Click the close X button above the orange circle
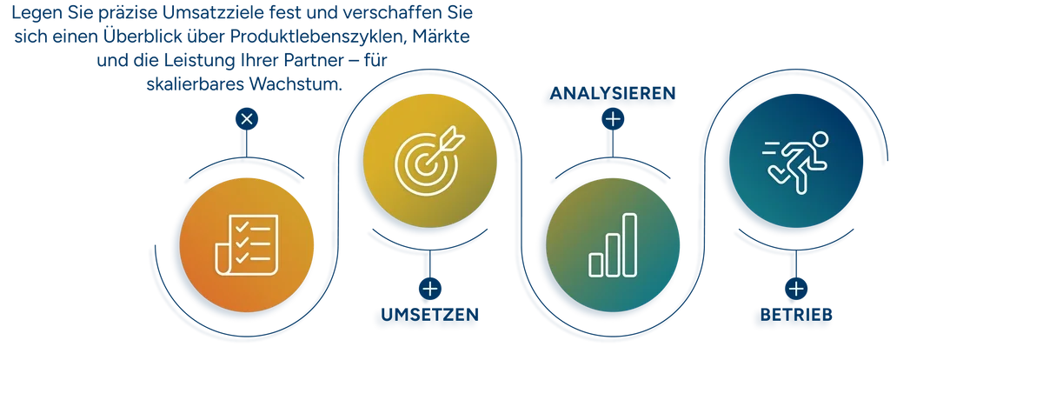click(x=247, y=119)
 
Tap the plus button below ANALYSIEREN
click(x=613, y=119)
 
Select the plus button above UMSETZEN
click(x=429, y=289)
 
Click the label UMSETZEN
click(x=429, y=315)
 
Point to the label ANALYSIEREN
click(x=613, y=93)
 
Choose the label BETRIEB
click(x=796, y=315)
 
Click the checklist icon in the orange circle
click(x=247, y=245)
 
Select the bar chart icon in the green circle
click(x=613, y=245)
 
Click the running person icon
click(x=795, y=162)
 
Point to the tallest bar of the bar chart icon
click(x=629, y=245)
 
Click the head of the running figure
click(x=820, y=139)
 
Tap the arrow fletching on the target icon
click(x=452, y=138)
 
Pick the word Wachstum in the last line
click(x=296, y=84)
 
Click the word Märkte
click(x=441, y=37)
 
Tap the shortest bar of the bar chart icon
click(x=596, y=265)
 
